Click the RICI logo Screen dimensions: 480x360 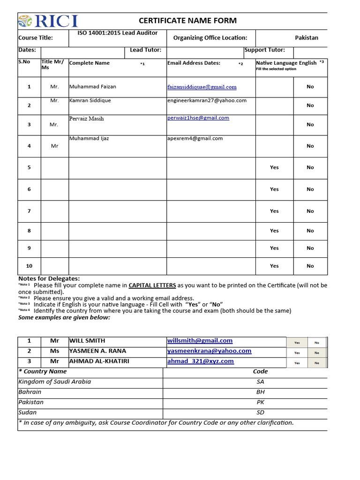[48, 21]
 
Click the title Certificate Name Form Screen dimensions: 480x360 [187, 21]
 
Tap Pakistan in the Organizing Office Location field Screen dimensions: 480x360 [306, 37]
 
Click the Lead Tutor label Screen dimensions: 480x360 [145, 50]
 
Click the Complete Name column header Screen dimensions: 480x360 [90, 63]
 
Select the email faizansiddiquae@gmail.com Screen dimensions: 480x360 [202, 87]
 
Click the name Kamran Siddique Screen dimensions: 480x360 [90, 100]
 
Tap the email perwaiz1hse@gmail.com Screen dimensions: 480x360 [198, 118]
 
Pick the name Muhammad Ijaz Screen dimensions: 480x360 [89, 138]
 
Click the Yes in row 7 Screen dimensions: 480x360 [274, 211]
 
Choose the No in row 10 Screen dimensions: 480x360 [310, 266]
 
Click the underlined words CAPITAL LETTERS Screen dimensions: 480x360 [152, 285]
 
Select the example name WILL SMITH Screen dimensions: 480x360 [87, 341]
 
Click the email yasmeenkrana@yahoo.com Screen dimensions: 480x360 [209, 351]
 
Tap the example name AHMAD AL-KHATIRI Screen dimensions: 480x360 [98, 361]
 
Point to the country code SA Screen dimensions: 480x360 [261, 382]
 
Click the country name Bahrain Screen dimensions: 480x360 [30, 392]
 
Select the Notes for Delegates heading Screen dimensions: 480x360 [49, 278]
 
